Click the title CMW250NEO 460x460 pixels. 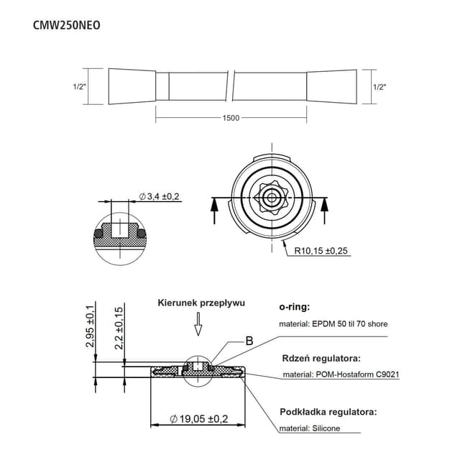67,24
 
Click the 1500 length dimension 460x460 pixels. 231,118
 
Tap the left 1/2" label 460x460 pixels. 80,86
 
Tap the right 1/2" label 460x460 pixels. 380,86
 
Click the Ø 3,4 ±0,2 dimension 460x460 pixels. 159,196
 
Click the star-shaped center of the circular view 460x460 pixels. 272,197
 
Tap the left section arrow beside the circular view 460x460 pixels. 213,210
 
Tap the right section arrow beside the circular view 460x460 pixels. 327,210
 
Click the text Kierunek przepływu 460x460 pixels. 201,303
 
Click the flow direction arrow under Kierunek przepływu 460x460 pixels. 199,327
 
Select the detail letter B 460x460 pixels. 249,341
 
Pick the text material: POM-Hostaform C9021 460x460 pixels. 341,374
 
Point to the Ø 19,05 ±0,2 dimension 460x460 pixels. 198,418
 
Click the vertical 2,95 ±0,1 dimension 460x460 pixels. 91,326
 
